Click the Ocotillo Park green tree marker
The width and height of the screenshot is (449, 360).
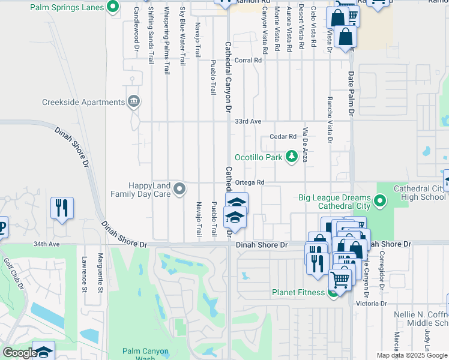tap(292, 157)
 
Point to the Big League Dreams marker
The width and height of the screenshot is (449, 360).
tap(380, 200)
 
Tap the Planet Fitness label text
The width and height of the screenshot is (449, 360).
tap(297, 293)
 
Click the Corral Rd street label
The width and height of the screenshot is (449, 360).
tap(249, 60)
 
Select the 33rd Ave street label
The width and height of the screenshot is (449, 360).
tap(248, 121)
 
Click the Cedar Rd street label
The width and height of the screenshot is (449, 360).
tap(283, 137)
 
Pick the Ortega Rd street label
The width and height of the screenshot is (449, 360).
tap(250, 182)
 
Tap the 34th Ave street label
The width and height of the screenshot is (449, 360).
tap(47, 244)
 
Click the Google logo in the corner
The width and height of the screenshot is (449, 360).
tap(19, 353)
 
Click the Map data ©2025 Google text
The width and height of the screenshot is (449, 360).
tap(412, 355)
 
